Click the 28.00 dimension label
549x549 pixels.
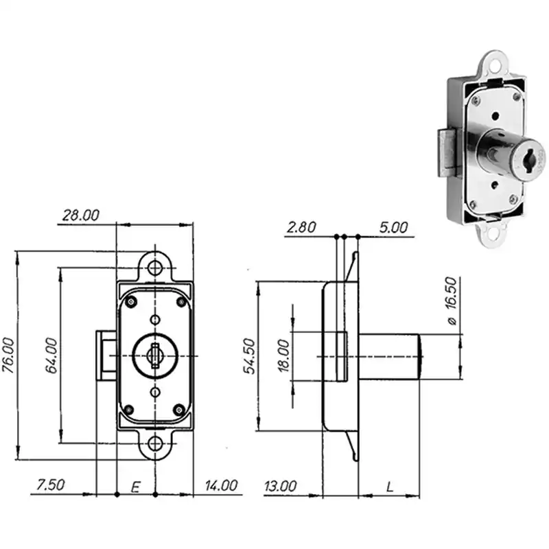[x=81, y=215]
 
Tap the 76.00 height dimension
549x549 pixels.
[x=8, y=355]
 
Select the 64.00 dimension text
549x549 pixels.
[x=51, y=355]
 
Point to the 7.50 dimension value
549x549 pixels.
[x=51, y=485]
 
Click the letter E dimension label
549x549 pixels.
[x=136, y=487]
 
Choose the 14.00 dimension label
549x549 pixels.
[x=221, y=485]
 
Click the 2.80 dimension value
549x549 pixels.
[x=301, y=228]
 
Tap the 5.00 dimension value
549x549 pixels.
[x=393, y=228]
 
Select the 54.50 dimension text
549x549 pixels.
[x=250, y=356]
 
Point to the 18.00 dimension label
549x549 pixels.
[x=284, y=355]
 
